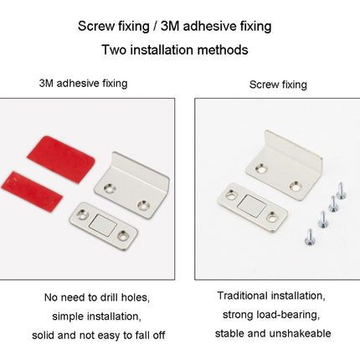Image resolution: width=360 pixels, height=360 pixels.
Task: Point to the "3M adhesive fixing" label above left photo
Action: (x=83, y=84)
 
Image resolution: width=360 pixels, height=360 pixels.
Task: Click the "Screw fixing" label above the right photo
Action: (x=278, y=85)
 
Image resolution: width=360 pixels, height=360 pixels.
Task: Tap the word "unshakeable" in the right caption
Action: (x=301, y=333)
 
